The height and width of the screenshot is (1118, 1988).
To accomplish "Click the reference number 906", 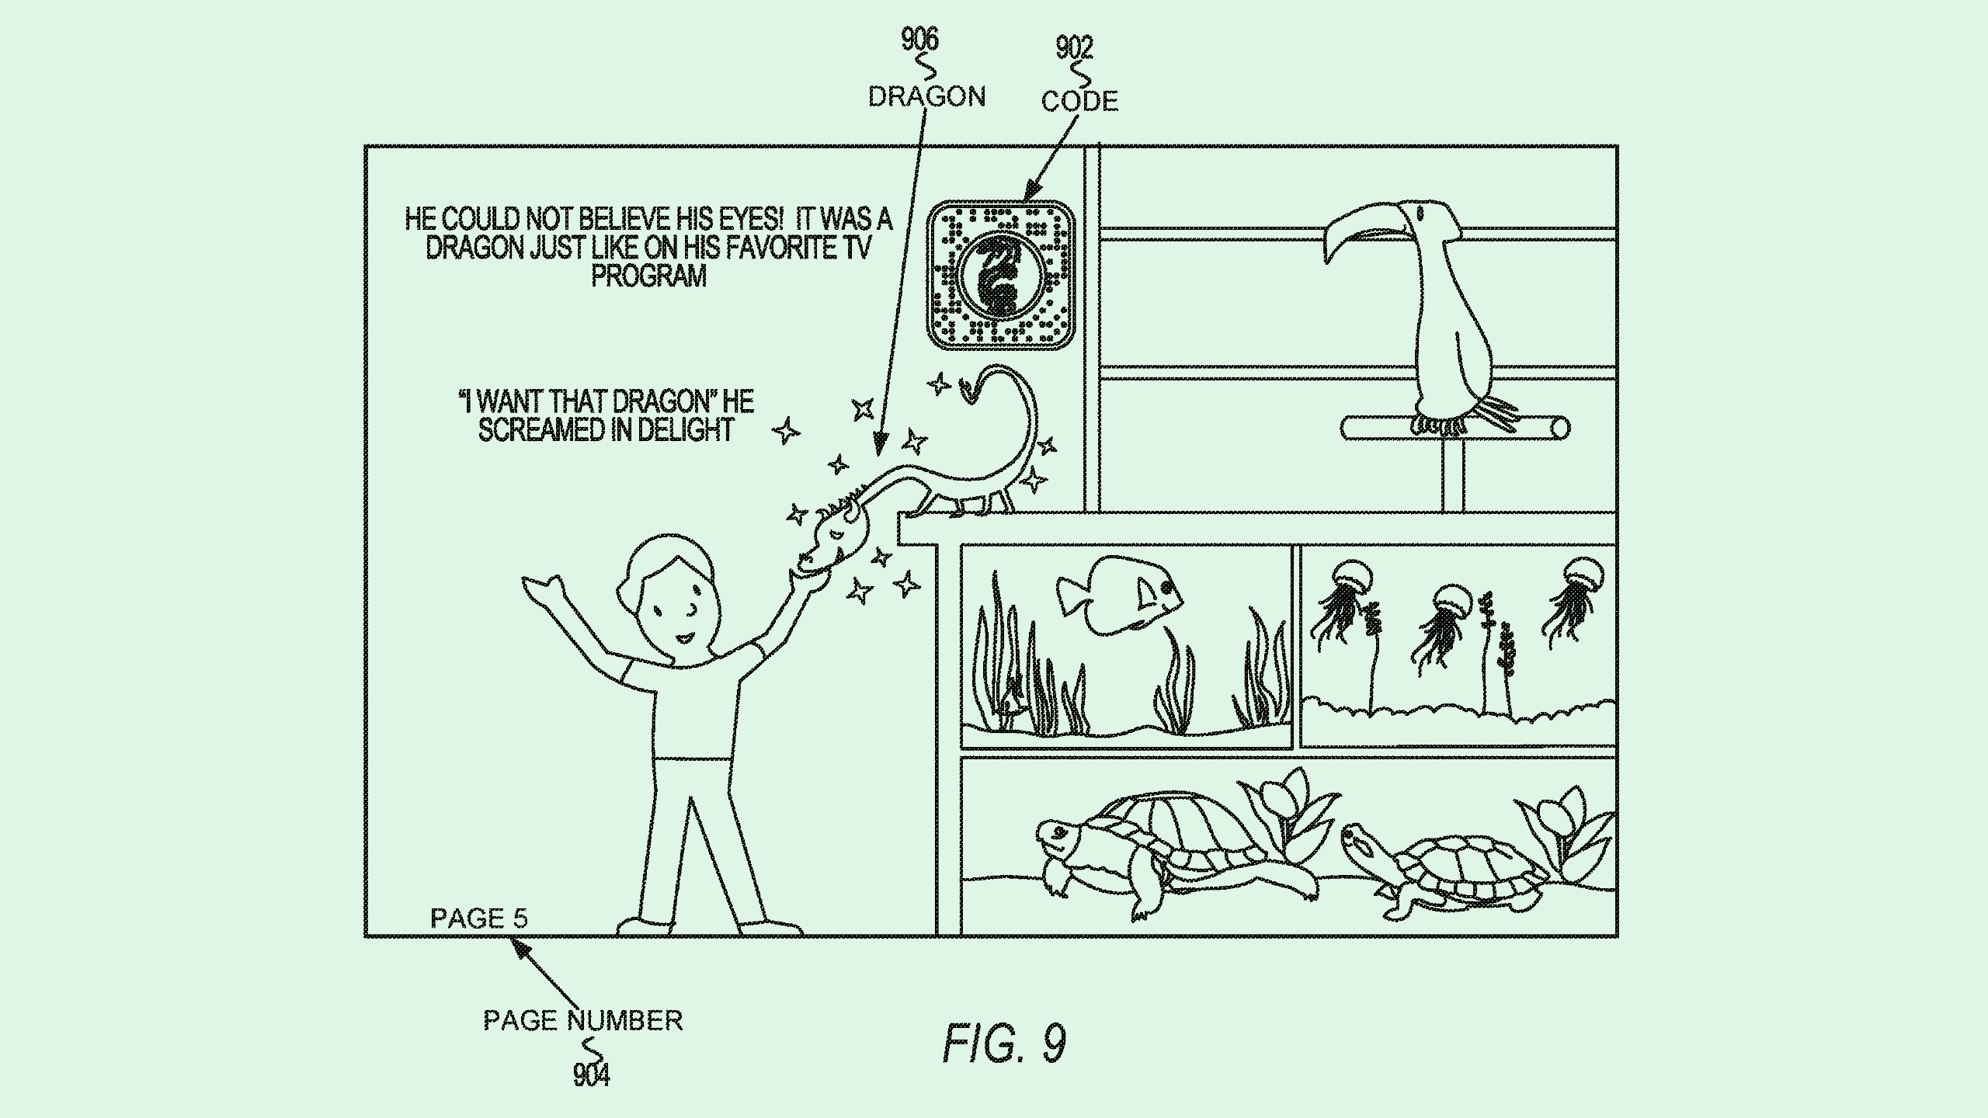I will click(919, 39).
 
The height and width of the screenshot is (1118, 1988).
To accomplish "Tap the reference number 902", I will click(1074, 48).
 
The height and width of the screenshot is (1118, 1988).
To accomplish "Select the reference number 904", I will click(591, 1075).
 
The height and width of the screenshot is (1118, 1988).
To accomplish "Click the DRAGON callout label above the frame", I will click(926, 97).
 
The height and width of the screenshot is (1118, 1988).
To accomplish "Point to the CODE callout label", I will click(1079, 102).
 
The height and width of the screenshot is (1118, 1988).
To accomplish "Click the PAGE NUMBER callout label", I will click(582, 1020).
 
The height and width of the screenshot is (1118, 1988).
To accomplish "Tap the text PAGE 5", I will click(479, 919).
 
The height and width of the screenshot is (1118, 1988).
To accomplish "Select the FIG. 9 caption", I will click(1004, 1043).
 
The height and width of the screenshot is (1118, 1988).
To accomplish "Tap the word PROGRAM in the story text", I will click(648, 276).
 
